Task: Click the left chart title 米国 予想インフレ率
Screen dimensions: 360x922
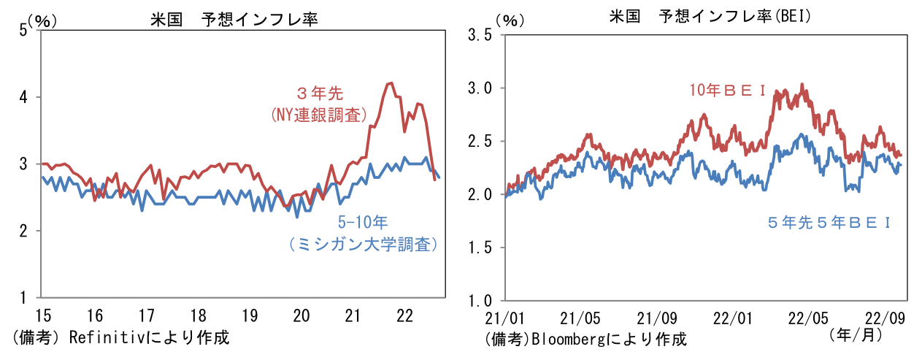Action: pyautogui.click(x=234, y=20)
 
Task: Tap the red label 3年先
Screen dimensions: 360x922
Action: pyautogui.click(x=320, y=93)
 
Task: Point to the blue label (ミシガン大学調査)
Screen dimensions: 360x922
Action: pyautogui.click(x=363, y=245)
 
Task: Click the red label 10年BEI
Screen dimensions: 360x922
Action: pyautogui.click(x=727, y=90)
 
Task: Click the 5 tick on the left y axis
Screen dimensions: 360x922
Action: pyautogui.click(x=23, y=29)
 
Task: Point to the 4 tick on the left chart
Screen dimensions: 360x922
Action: pyautogui.click(x=23, y=96)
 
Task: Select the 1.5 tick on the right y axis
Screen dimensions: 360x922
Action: pyautogui.click(x=479, y=248)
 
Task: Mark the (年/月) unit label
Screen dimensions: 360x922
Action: pyautogui.click(x=856, y=335)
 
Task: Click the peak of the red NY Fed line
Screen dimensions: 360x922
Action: pyautogui.click(x=391, y=83)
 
